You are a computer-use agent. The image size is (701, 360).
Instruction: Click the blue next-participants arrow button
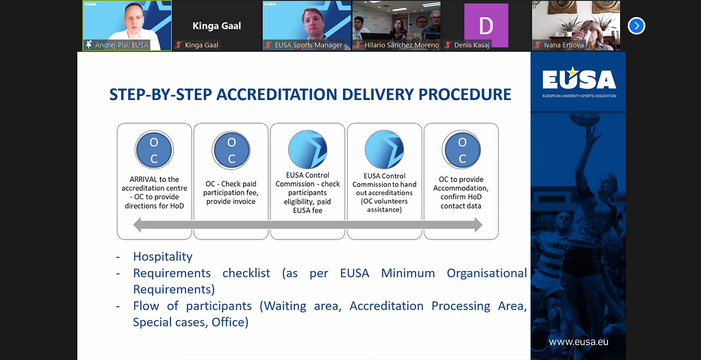click(x=636, y=26)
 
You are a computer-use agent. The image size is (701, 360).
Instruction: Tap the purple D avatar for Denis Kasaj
click(x=486, y=25)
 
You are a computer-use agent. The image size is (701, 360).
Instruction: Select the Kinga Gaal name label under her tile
click(x=202, y=45)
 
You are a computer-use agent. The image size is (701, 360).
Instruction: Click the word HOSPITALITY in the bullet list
click(x=163, y=257)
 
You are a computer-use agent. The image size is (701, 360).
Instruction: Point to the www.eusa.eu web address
click(x=578, y=342)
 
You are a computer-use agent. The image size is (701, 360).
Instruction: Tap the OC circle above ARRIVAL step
click(x=154, y=150)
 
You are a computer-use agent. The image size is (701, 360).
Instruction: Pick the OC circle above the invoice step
click(x=231, y=150)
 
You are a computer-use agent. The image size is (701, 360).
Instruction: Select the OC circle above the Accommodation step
click(x=461, y=150)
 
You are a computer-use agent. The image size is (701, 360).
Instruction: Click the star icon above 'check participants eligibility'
click(x=307, y=150)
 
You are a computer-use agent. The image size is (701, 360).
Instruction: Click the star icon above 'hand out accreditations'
click(x=385, y=150)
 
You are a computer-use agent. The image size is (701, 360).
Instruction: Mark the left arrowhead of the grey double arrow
click(x=137, y=224)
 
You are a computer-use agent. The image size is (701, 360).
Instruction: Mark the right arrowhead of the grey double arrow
click(x=479, y=224)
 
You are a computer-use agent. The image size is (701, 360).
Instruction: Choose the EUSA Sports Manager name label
click(x=309, y=45)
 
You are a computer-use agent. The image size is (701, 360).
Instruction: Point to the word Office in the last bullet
click(x=227, y=322)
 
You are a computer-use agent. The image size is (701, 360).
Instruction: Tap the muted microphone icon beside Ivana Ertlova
click(x=538, y=45)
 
